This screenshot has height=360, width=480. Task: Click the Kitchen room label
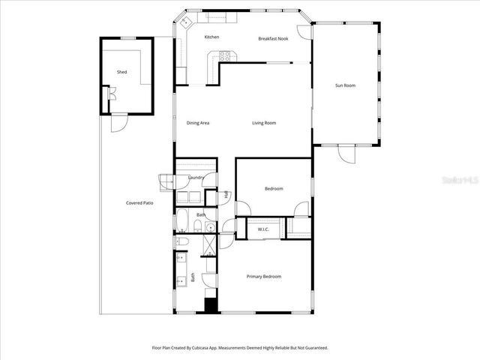[212, 37]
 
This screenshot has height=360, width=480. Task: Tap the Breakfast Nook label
[272, 38]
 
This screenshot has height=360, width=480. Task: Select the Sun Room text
[345, 85]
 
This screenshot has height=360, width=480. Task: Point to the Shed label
[121, 72]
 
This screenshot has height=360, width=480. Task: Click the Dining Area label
[198, 123]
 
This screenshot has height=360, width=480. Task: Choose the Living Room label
[264, 123]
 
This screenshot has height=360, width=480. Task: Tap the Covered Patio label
[139, 202]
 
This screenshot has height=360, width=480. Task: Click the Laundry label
[196, 177]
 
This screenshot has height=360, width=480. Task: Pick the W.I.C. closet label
[263, 229]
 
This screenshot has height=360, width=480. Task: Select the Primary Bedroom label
[264, 277]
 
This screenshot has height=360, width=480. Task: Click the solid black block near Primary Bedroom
[211, 305]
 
